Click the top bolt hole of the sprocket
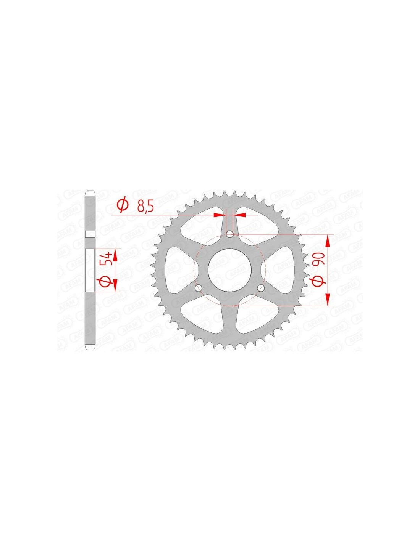(x=229, y=234)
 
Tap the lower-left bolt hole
(x=199, y=288)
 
